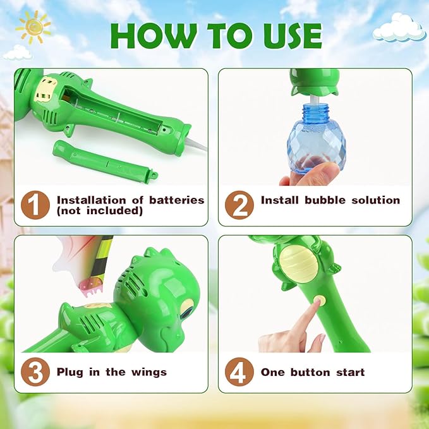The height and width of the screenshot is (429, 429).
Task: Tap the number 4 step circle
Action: [x=238, y=372]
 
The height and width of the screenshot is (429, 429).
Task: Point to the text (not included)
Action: [x=99, y=211]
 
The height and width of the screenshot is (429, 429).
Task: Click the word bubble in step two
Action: [x=329, y=200]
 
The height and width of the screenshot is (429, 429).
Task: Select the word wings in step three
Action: [x=148, y=372]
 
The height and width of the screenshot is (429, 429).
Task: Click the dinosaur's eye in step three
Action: [x=188, y=310]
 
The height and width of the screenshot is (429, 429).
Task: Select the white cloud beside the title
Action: [x=398, y=28]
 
